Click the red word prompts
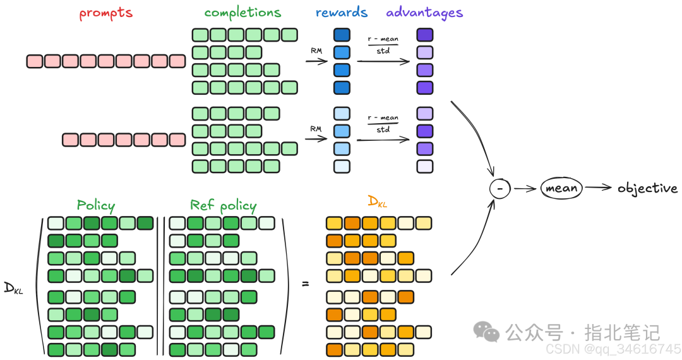pos(106,13)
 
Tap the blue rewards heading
pos(341,13)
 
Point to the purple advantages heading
pos(424,13)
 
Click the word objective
pos(647,188)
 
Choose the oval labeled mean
pos(562,188)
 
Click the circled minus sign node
pos(500,188)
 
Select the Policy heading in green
pos(96,205)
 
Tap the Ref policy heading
pos(223,205)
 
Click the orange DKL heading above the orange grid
pos(378,202)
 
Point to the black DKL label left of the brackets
pos(13,287)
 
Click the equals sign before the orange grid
pos(306,284)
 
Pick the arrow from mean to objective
pos(598,188)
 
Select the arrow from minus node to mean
pos(525,188)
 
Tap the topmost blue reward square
pos(342,35)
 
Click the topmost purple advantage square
pos(425,35)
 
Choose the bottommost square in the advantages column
pos(425,167)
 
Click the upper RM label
pos(315,50)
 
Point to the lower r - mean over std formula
pos(383,123)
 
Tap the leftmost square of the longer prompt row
pos(34,61)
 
